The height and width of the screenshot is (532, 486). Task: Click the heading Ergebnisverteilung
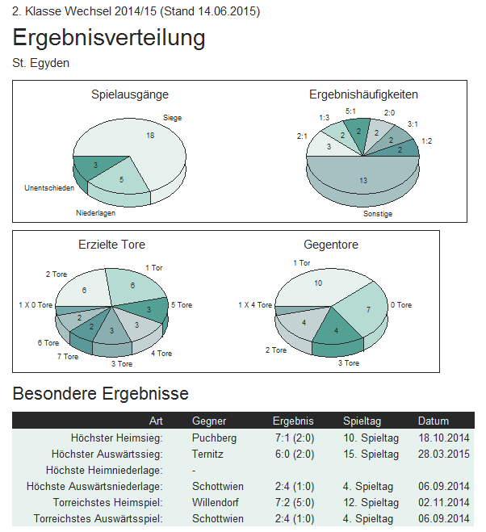[x=109, y=38]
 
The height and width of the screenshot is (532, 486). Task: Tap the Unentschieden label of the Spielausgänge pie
[x=49, y=188]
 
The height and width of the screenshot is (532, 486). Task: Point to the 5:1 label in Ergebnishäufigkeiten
[x=350, y=111]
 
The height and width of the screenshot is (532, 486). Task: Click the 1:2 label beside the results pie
[x=426, y=141]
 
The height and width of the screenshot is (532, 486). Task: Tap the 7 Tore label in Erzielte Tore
[x=68, y=356]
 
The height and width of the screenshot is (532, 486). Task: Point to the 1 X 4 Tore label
[x=255, y=305]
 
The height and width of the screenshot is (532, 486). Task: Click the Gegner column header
[x=209, y=421]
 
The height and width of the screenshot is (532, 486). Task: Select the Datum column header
[x=434, y=421]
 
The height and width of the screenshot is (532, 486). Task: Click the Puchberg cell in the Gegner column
[x=214, y=438]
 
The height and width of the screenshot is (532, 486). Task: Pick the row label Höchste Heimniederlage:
[x=105, y=471]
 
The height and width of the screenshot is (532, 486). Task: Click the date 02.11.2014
[x=443, y=503]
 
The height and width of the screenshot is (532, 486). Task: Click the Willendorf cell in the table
[x=217, y=503]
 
